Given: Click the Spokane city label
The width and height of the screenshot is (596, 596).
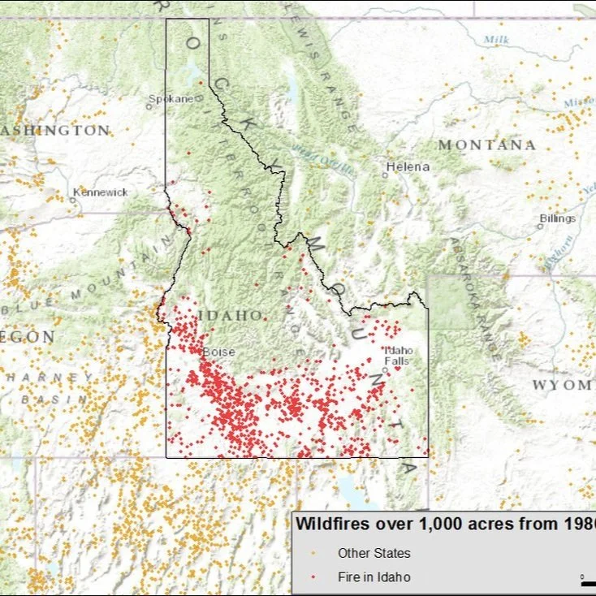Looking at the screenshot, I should point(171,99).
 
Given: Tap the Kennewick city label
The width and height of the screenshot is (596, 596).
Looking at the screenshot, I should point(101,192).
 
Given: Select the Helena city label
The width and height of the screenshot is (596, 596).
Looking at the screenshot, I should point(408,166).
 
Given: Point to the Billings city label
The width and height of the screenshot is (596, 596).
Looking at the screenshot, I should point(558,218).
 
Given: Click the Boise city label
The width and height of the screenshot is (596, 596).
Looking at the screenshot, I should point(218,352).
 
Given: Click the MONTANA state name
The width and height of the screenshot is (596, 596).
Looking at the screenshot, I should point(487,145).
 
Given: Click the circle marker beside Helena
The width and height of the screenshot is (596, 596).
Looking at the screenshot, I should point(385,174).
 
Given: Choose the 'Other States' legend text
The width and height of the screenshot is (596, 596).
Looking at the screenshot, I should point(374,554).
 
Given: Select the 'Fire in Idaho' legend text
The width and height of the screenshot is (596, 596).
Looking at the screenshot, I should point(374,577).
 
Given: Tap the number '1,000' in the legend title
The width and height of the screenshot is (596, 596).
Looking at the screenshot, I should point(441,525).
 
